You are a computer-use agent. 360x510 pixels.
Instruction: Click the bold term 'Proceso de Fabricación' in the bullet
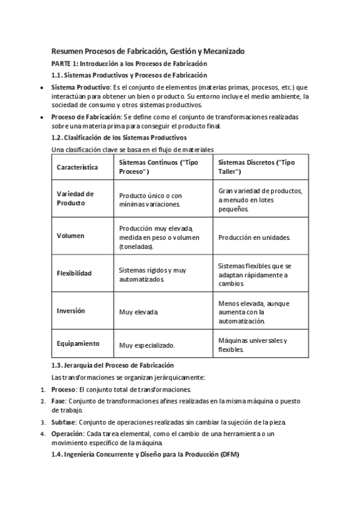pyautogui.click(x=87, y=117)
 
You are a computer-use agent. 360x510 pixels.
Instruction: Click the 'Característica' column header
pyautogui.click(x=77, y=167)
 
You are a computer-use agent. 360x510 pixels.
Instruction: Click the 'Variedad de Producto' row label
pyautogui.click(x=75, y=198)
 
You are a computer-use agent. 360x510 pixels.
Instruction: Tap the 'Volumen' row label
pyautogui.click(x=70, y=236)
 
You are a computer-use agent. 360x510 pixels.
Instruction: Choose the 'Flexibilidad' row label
pyautogui.click(x=74, y=273)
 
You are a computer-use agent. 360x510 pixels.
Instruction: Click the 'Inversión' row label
pyautogui.click(x=71, y=311)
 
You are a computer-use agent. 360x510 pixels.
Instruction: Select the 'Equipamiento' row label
pyautogui.click(x=78, y=344)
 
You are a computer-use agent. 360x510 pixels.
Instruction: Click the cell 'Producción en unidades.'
pyautogui.click(x=254, y=238)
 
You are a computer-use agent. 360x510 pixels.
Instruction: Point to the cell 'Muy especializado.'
pyautogui.click(x=147, y=345)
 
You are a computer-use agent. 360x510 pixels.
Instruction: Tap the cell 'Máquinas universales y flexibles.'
pyautogui.click(x=252, y=345)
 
